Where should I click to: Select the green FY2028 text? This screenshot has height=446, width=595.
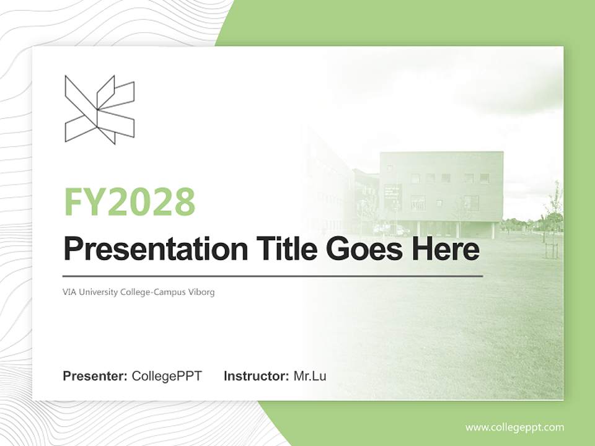click(130, 202)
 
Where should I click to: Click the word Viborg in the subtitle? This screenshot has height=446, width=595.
click(202, 292)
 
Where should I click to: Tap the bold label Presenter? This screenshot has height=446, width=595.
click(95, 376)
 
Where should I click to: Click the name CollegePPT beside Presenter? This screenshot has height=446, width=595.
click(167, 376)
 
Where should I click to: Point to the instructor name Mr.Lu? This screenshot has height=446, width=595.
click(310, 376)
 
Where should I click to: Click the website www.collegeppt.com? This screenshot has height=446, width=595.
click(514, 427)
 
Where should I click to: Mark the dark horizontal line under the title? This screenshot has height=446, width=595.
click(273, 276)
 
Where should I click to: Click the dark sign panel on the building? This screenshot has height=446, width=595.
click(392, 196)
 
